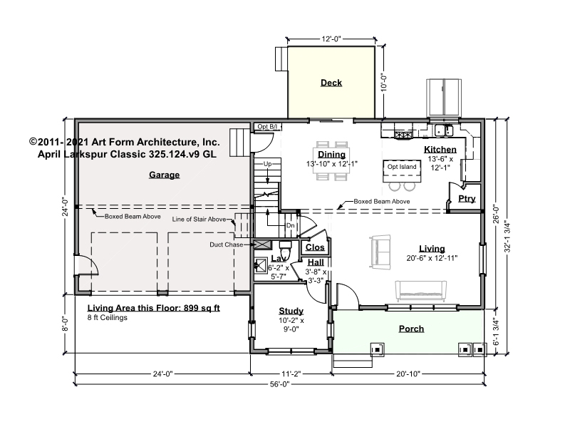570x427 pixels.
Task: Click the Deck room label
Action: [331, 83]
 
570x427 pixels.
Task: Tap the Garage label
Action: [165, 175]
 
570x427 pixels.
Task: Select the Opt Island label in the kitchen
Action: [402, 167]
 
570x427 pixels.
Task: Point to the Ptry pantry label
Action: [467, 199]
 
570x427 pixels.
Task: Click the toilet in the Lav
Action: [285, 249]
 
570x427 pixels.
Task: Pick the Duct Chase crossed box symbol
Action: [262, 244]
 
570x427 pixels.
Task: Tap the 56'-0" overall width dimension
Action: [280, 384]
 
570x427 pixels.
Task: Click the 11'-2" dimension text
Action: [291, 374]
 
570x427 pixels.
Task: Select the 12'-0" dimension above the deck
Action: [331, 39]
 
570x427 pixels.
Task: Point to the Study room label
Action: [291, 311]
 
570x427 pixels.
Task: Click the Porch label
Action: [412, 329]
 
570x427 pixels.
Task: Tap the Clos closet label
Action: [315, 247]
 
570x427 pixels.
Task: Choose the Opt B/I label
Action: [267, 127]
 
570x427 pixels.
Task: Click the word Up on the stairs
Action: [268, 164]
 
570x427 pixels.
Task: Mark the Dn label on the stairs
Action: [290, 225]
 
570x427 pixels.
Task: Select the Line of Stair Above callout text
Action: [199, 220]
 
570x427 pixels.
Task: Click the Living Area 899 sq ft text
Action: [153, 308]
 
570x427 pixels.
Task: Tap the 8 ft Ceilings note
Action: [108, 317]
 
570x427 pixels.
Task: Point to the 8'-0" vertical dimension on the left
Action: [66, 324]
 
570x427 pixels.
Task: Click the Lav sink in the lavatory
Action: [261, 264]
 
